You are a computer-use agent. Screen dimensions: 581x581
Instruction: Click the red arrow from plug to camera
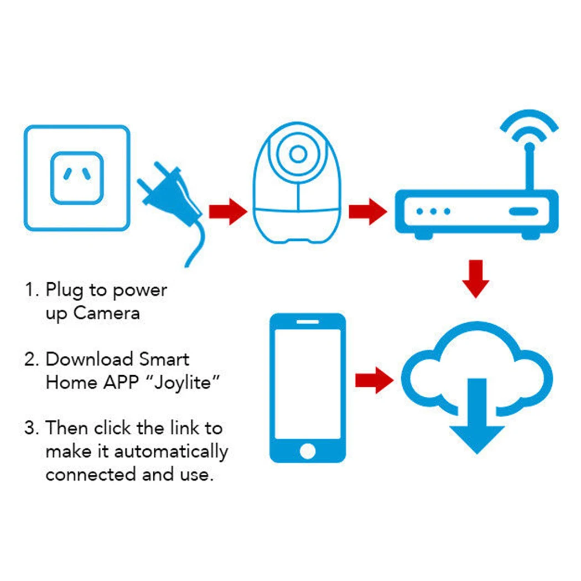pos(227,211)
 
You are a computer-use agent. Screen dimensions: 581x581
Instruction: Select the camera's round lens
pos(298,153)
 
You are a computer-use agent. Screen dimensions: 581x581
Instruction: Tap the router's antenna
pos(528,166)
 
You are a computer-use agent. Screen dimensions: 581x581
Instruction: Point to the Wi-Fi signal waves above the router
pos(530,124)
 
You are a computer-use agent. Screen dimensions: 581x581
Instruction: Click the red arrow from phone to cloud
pos(375,380)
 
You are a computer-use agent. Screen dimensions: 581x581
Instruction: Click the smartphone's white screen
pos(308,382)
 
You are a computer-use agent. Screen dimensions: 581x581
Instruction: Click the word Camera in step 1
pos(107,313)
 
